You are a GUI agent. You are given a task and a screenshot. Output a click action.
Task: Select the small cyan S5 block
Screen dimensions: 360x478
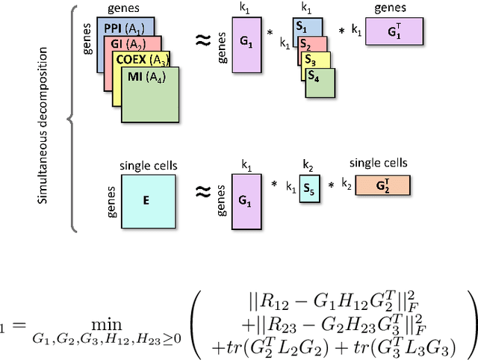pos(308,189)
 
